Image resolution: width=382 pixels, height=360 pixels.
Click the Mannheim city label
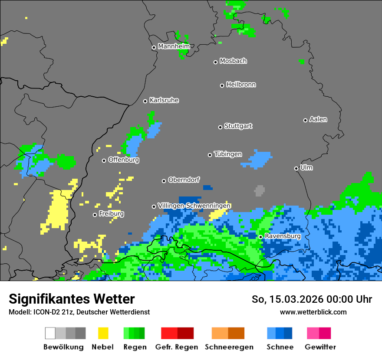[x=174, y=46]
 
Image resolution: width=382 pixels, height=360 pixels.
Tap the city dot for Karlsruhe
[x=145, y=101]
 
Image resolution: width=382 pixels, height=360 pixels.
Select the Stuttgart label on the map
[x=238, y=126]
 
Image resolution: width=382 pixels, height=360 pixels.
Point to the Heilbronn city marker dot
[x=222, y=85]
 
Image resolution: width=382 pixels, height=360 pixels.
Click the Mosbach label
[x=233, y=61]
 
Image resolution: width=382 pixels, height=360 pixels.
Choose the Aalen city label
[x=318, y=119]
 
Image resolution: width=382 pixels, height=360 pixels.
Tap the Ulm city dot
[x=296, y=168]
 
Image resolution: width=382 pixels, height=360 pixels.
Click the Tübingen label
[x=228, y=154]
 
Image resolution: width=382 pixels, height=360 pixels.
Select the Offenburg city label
[x=124, y=160]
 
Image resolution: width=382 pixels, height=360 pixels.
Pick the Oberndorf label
[x=184, y=180]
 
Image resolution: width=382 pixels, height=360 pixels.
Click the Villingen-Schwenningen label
[x=194, y=206]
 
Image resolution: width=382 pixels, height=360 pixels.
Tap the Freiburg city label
[x=111, y=214]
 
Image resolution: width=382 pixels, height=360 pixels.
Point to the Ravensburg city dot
[x=261, y=237]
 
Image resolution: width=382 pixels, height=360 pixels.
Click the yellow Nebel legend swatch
[x=103, y=333]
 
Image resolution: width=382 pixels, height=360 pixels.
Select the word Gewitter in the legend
[x=320, y=347]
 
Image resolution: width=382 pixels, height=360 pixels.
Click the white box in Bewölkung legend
[x=50, y=333]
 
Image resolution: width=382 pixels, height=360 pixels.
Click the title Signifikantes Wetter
[x=72, y=299]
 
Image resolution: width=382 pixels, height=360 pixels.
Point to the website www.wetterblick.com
[x=313, y=312]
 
